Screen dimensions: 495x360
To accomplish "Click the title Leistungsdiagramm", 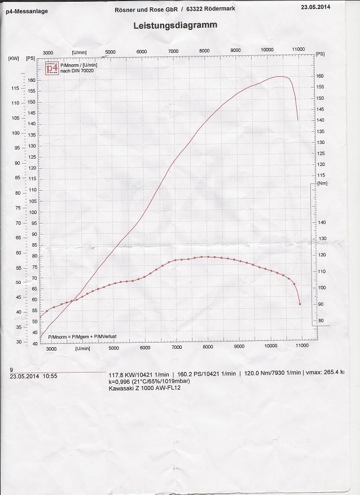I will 175,25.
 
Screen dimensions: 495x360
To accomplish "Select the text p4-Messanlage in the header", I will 27,11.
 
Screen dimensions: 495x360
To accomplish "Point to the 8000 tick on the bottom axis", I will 208,347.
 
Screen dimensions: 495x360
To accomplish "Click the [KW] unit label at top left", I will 14,58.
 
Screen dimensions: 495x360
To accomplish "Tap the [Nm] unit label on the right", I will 322,183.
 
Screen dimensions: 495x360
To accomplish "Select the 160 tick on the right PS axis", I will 320,76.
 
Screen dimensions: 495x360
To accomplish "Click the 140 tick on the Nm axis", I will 322,222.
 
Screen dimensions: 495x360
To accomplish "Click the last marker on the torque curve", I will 300,304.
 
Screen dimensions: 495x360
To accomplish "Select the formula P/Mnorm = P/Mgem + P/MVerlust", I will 82,336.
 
